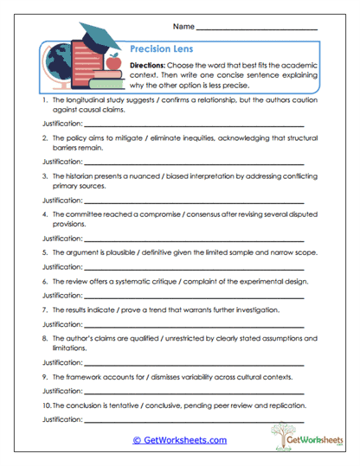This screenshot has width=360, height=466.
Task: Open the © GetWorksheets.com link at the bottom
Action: (179, 439)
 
